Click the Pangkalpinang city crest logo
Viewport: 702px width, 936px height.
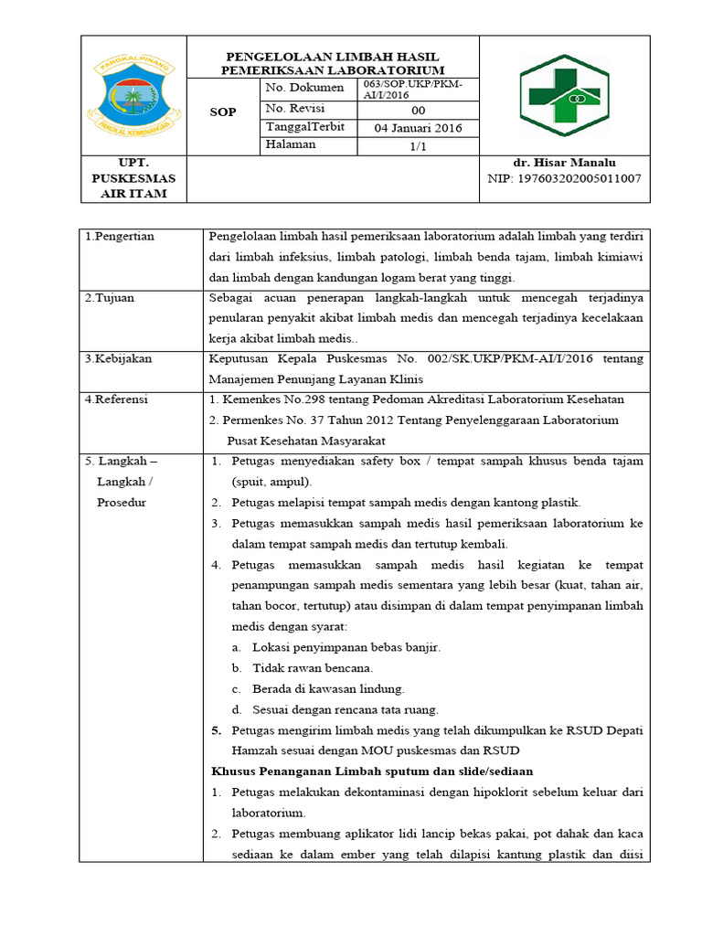coord(134,94)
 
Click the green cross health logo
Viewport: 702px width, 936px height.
coord(564,94)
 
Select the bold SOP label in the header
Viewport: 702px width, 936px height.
coord(222,112)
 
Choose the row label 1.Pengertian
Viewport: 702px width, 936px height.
coord(120,237)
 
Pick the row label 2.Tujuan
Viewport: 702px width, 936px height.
coord(111,298)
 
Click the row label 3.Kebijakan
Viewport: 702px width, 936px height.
coord(118,358)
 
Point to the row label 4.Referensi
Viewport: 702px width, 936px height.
coord(117,399)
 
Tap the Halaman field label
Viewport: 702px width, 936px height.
coord(291,144)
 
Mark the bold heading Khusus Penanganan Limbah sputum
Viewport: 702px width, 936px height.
coord(372,771)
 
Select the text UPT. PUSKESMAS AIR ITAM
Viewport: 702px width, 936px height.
coord(134,178)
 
